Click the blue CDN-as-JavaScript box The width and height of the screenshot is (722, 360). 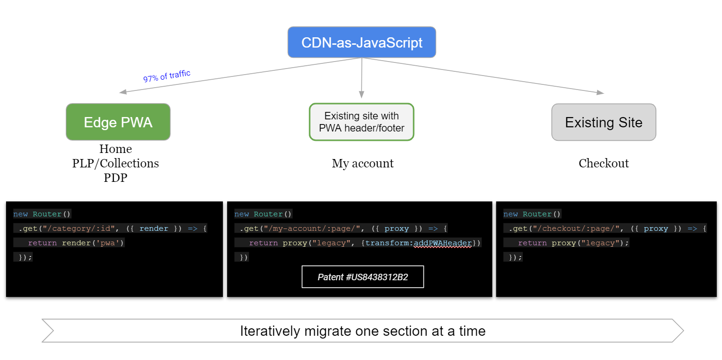(361, 42)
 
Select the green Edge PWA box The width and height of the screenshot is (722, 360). (118, 122)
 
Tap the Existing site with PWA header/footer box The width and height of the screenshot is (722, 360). (361, 122)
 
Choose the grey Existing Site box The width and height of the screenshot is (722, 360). (604, 122)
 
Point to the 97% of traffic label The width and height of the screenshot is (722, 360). (167, 76)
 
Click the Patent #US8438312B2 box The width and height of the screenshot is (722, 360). (362, 277)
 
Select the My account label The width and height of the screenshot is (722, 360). (362, 163)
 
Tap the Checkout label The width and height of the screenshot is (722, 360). (604, 163)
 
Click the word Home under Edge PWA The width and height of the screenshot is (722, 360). (115, 149)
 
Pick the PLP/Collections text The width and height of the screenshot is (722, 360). (115, 163)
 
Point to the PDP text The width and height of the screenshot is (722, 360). (115, 178)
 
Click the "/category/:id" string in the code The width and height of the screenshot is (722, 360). (79, 228)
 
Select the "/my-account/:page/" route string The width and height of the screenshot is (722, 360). (312, 228)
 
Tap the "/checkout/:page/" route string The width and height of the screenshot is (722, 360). (576, 228)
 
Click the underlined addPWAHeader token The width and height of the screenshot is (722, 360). (443, 243)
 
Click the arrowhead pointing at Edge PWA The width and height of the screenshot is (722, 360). (123, 92)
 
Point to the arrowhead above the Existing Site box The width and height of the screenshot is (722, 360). (600, 92)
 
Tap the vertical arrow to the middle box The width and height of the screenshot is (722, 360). (361, 78)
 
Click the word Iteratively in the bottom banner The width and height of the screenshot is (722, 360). (270, 331)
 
